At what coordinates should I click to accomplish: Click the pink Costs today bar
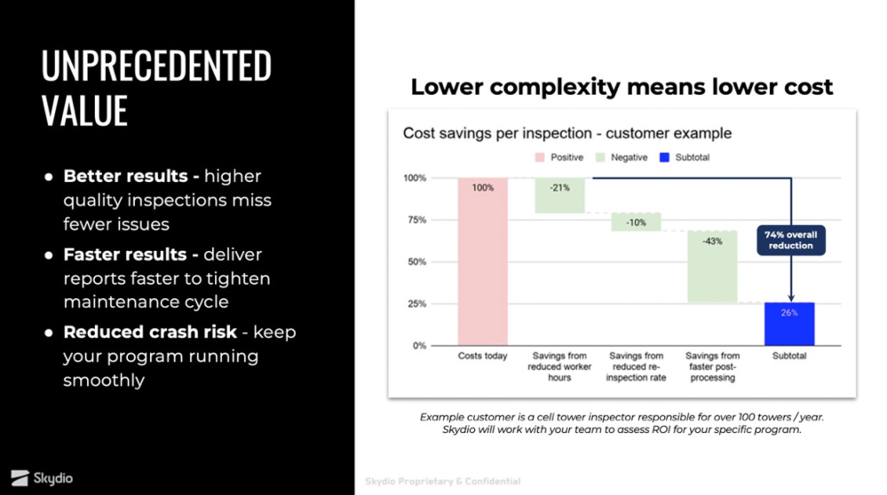483,261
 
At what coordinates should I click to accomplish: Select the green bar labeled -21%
559,195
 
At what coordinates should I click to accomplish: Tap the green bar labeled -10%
636,222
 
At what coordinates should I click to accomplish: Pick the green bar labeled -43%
712,266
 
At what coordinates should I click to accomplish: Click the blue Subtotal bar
789,325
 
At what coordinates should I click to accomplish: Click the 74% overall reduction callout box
790,240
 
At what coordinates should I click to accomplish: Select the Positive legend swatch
539,157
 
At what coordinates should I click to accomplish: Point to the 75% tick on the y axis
416,220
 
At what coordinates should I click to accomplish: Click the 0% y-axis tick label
419,346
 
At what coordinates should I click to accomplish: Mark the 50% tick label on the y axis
416,262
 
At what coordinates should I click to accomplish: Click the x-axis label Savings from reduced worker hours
559,366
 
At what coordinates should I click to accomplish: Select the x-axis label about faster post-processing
712,366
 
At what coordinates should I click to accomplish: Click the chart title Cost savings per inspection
566,133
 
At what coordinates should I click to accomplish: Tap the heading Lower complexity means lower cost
622,87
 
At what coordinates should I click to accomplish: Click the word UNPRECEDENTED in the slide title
156,67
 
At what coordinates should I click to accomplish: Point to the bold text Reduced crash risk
150,332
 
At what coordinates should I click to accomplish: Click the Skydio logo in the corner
43,478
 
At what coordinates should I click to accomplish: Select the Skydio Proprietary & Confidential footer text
442,482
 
